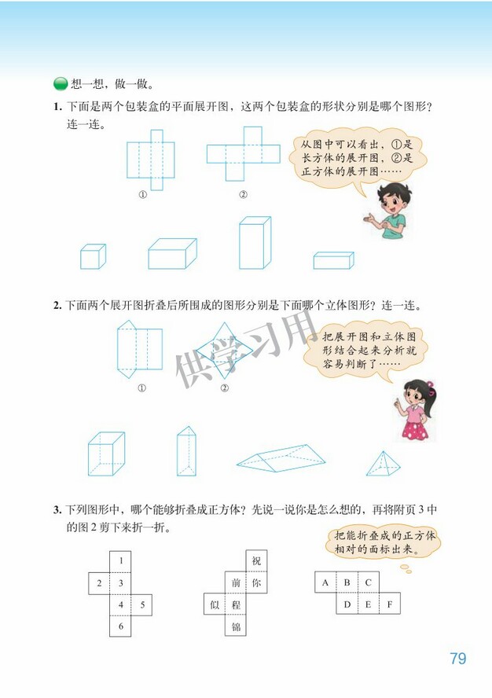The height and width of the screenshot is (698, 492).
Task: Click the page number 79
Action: click(x=457, y=658)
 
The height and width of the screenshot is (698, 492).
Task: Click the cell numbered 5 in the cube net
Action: click(x=141, y=605)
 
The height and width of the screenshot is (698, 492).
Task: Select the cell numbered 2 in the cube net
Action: click(x=98, y=583)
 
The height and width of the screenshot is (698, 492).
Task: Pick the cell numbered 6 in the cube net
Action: click(x=120, y=626)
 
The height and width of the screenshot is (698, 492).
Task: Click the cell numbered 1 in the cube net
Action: click(x=120, y=561)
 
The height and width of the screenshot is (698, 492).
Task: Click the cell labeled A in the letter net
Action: click(x=325, y=583)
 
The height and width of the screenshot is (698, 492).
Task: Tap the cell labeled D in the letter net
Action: click(x=347, y=604)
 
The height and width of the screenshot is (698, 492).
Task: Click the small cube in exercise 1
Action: click(x=92, y=256)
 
